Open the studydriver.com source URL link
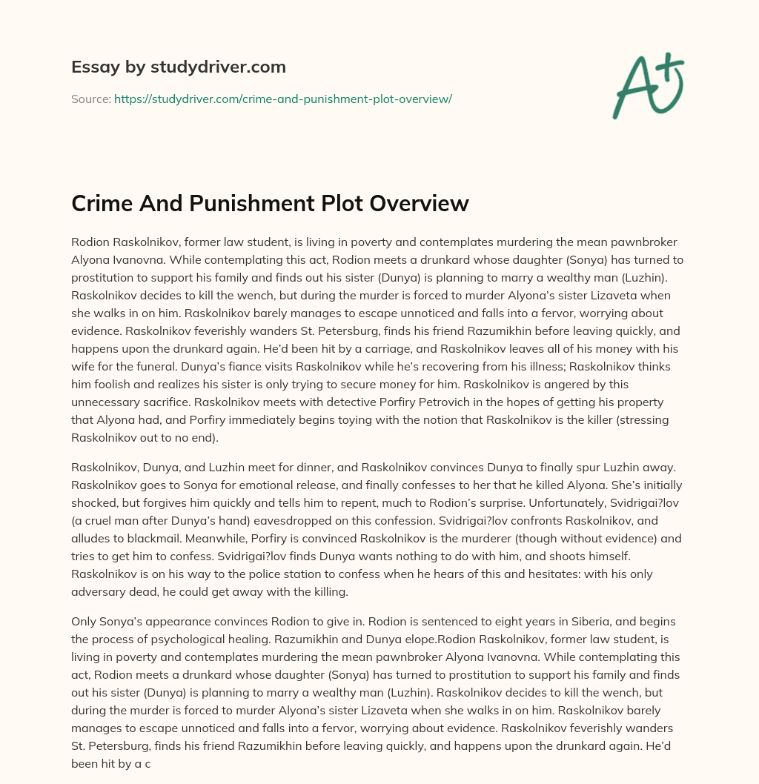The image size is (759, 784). coord(282,99)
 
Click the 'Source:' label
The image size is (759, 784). coord(90,99)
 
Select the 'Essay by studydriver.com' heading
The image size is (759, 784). coord(178,67)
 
